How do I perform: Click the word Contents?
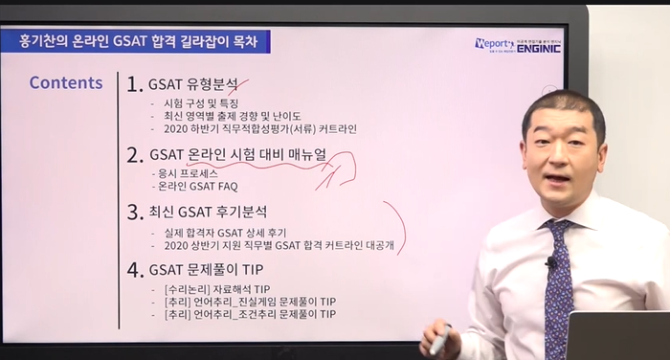[x=66, y=82]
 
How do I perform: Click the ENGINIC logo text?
[x=538, y=48]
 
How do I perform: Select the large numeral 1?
[x=134, y=84]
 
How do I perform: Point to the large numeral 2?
[x=134, y=155]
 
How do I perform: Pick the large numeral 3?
[x=135, y=213]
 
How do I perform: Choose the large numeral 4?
[x=135, y=270]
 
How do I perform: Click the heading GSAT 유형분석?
[x=193, y=84]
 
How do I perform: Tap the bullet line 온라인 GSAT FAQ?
[x=197, y=187]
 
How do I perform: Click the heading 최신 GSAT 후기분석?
[x=208, y=212]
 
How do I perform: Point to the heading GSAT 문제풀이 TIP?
[x=206, y=270]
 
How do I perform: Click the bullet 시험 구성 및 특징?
[x=201, y=103]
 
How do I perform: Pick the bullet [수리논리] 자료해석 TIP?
[x=217, y=289]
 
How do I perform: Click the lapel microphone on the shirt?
[x=550, y=261]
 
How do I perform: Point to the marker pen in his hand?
[x=441, y=340]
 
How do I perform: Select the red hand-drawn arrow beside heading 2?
[x=335, y=169]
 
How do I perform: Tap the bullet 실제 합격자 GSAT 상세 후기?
[x=225, y=233]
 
